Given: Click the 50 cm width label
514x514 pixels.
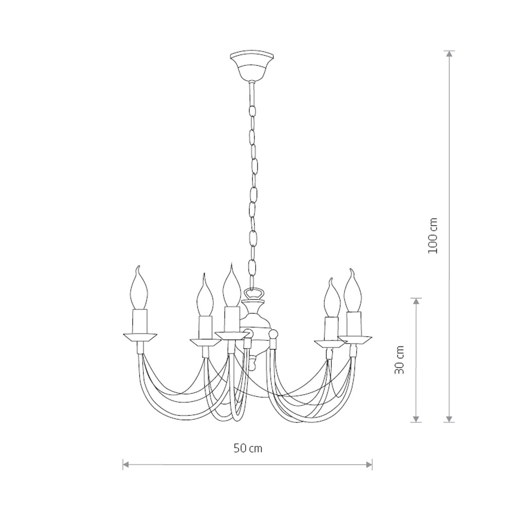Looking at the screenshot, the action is tap(248, 448).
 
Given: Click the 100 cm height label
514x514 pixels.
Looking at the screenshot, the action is tap(433, 235).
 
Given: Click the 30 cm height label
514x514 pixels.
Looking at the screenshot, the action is tap(399, 360).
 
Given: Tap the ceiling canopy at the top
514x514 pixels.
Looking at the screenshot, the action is tap(251, 65).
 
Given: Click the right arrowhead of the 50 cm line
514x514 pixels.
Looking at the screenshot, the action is tap(370, 465).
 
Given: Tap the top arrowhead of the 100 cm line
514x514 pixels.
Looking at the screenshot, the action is tap(450, 54).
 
